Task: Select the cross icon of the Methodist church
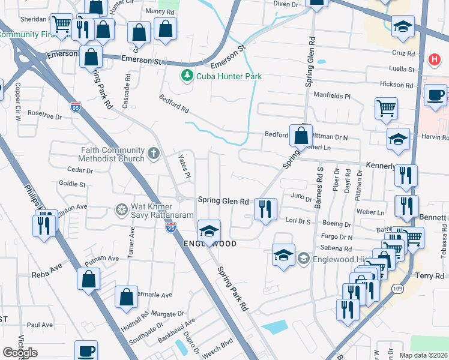tap(154, 154)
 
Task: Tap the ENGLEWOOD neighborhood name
tap(210, 244)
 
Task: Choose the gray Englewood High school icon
tap(304, 259)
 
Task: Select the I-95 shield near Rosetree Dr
tap(75, 107)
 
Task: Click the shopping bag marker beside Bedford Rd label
tap(300, 136)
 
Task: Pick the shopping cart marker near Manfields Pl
tap(386, 109)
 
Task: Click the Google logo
tap(20, 353)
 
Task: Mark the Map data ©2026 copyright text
tap(423, 355)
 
